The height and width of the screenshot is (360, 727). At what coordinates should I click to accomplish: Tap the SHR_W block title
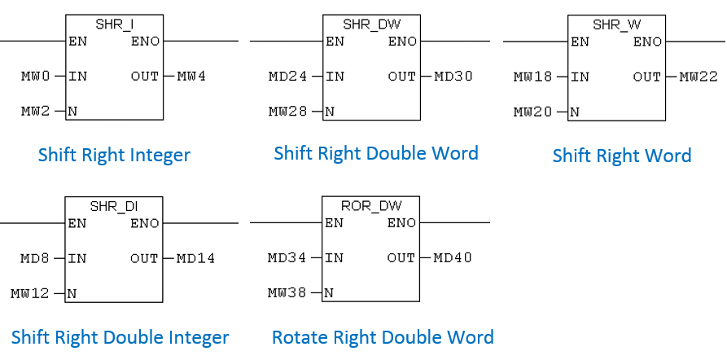[x=616, y=24]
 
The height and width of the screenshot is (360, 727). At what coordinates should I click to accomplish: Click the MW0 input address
[x=36, y=77]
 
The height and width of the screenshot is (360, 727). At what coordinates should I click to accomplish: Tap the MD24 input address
[x=288, y=77]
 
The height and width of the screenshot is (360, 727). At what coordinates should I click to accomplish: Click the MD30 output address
[x=453, y=77]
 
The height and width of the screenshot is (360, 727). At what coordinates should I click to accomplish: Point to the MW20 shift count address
[x=532, y=112]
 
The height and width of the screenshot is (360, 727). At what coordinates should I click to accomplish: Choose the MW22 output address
[x=699, y=77]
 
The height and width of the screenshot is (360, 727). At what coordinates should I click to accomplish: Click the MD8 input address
[x=36, y=258]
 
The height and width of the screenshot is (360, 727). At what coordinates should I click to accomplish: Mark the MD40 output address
[x=453, y=258]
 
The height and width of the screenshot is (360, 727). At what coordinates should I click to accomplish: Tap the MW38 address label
[x=287, y=292]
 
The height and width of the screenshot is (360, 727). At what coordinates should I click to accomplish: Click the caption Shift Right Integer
[x=114, y=155]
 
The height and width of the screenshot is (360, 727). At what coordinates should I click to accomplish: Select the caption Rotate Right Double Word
[x=383, y=337]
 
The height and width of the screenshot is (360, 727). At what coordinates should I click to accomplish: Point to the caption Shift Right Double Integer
[x=120, y=337]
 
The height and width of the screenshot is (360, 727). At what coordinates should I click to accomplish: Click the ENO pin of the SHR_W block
[x=647, y=42]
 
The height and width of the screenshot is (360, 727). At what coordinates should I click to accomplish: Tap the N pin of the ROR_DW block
[x=329, y=292]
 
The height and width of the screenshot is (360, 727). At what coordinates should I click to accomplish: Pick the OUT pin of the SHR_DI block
[x=144, y=258]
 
